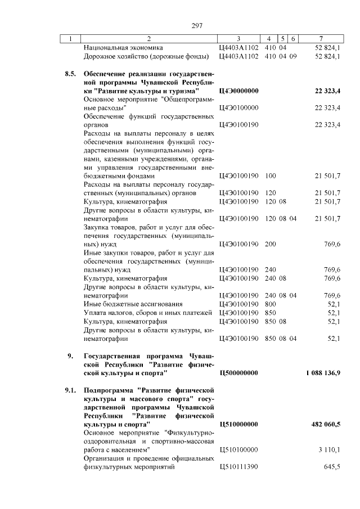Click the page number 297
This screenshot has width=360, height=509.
click(196, 26)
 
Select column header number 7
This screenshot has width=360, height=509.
click(320, 39)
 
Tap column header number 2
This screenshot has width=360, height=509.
click(148, 39)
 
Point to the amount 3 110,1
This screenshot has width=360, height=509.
click(329, 449)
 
